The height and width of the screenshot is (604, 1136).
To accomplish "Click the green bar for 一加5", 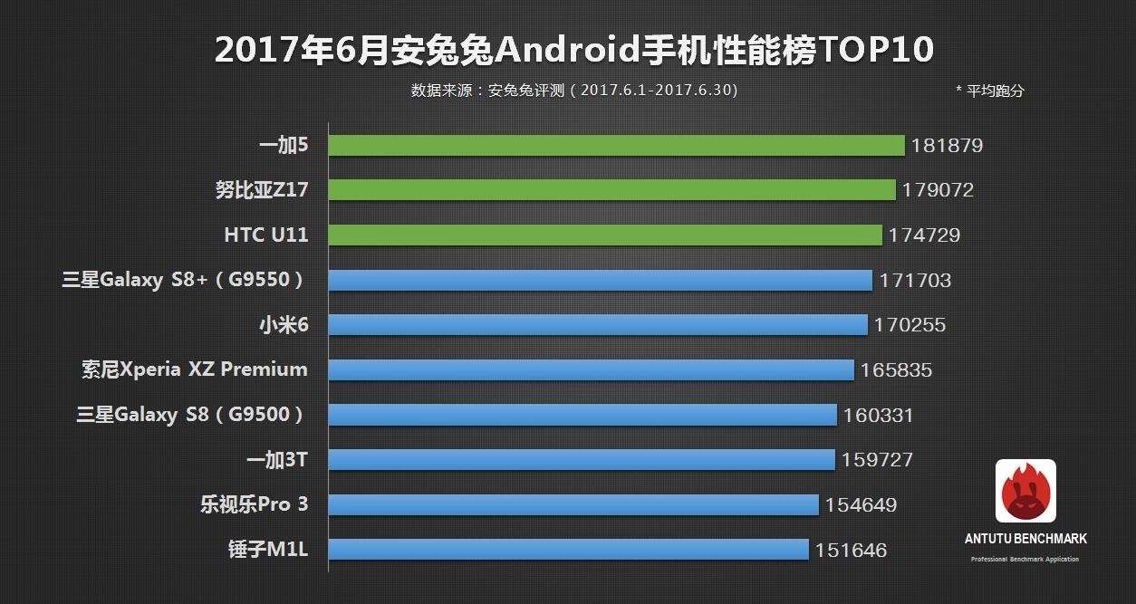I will [616, 145].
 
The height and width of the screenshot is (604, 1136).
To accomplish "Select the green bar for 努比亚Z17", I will [611, 189].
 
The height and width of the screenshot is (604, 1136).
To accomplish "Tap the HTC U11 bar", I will [605, 235].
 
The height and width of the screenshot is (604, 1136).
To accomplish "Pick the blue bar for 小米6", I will [598, 324].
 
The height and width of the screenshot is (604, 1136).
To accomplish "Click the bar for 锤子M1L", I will [568, 550].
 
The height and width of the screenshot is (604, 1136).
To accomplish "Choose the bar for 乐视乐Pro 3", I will [573, 504].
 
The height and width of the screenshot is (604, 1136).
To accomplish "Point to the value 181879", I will [947, 145].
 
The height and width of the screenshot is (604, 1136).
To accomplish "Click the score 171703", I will [915, 280].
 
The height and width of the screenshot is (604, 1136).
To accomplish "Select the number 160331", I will [878, 415].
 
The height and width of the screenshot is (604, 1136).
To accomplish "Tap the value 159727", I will [876, 460].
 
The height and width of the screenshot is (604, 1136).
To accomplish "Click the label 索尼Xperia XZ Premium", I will [194, 369].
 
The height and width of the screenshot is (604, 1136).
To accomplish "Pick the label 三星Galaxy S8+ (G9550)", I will [183, 280].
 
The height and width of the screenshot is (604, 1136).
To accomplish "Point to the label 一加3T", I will [277, 460].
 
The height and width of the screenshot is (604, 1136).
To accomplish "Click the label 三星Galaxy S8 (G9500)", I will [190, 415].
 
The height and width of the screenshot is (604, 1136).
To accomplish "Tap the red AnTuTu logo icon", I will [1025, 491].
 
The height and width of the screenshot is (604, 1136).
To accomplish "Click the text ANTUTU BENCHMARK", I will [1025, 539].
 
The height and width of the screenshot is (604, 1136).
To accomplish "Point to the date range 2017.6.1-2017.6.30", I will [657, 91].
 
